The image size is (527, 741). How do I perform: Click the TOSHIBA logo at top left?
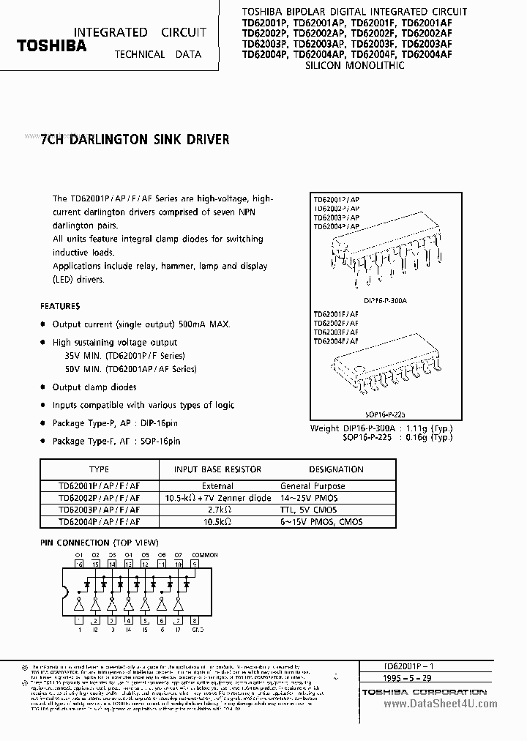coord(51,45)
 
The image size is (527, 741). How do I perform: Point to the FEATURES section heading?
coord(60,305)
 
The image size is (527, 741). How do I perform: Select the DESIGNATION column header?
coord(336,469)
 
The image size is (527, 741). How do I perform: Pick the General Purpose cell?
coord(313,486)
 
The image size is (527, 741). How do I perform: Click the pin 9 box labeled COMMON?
coord(195,564)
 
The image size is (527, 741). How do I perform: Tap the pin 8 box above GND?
coord(195,620)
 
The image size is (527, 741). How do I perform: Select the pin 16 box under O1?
coord(80,564)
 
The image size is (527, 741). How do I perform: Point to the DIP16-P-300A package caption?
coord(385,301)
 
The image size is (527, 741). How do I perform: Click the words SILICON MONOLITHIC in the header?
coord(355,65)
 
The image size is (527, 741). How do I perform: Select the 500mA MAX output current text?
coord(209,324)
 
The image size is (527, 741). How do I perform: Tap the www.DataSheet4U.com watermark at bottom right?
coord(440,704)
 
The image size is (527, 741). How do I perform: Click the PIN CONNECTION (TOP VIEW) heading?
coord(98,543)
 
